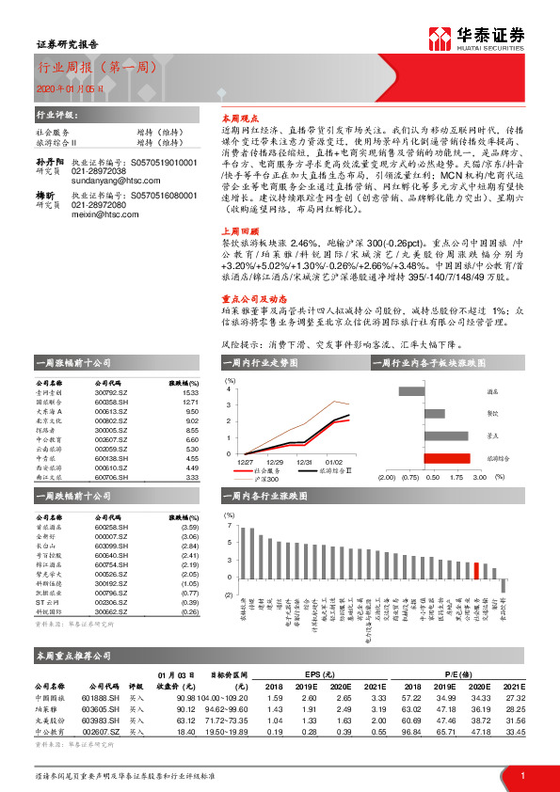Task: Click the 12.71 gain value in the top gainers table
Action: coord(190,403)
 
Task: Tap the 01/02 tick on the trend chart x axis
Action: coord(334,463)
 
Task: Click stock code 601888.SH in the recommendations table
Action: coord(100,697)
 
